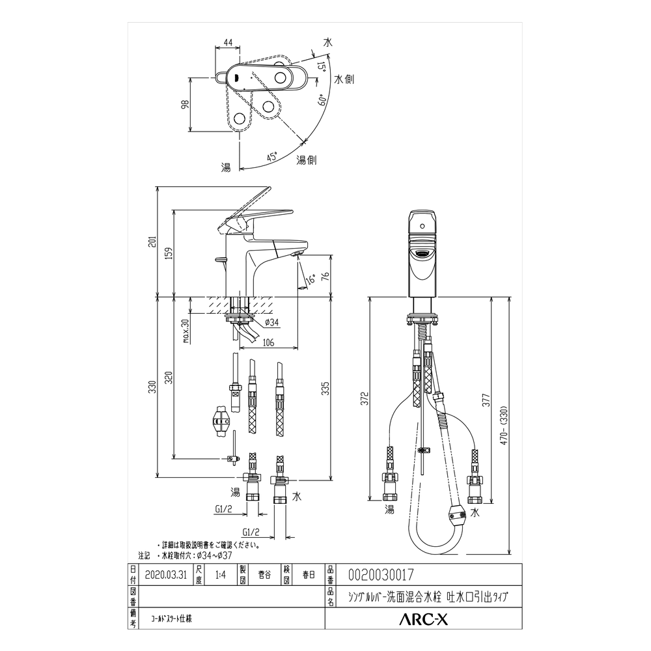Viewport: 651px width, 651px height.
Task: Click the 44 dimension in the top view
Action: coord(228,43)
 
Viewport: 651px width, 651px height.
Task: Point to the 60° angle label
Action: coord(322,100)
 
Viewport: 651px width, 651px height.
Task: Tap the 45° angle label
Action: coord(271,156)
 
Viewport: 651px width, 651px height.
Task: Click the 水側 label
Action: coord(344,79)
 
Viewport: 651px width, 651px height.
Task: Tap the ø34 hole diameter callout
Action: coord(271,323)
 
